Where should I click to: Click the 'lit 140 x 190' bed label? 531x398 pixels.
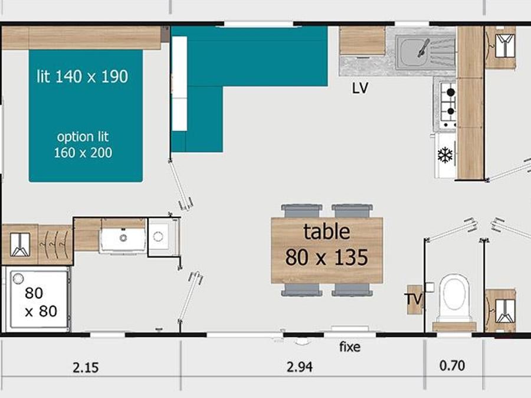coord(82,77)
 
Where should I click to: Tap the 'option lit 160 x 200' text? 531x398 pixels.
coord(83,145)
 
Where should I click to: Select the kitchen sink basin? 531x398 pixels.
coord(411,53)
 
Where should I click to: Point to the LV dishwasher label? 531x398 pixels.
coord(360,88)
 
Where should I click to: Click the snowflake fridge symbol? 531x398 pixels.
coord(445,155)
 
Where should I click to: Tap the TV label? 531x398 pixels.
coord(414,299)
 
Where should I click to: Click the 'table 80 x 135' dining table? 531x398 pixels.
coord(327,250)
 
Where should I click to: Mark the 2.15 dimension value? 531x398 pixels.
coord(86,367)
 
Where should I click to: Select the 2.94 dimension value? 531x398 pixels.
coord(300,367)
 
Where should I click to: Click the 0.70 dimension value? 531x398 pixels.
coord(452,366)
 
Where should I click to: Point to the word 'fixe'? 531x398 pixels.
coord(350,347)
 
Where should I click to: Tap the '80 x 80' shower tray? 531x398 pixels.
coord(37,298)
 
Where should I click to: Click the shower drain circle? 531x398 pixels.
coord(18,278)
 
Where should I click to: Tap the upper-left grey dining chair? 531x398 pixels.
coord(301,210)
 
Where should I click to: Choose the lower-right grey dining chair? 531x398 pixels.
coord(352,290)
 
